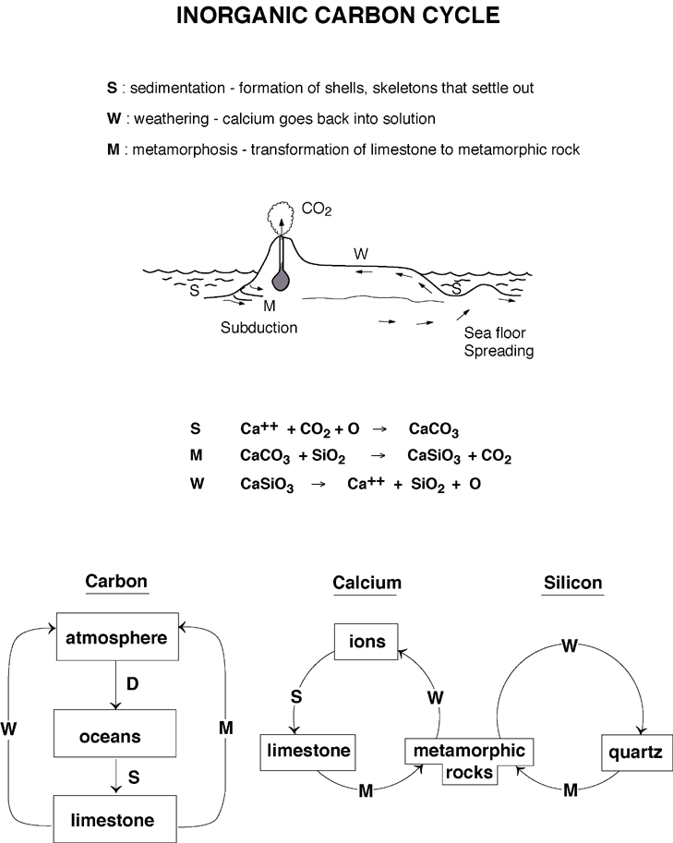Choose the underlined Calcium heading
click(x=367, y=583)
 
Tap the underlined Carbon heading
click(x=115, y=582)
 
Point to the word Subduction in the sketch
click(x=259, y=328)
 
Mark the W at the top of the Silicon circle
click(x=570, y=647)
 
